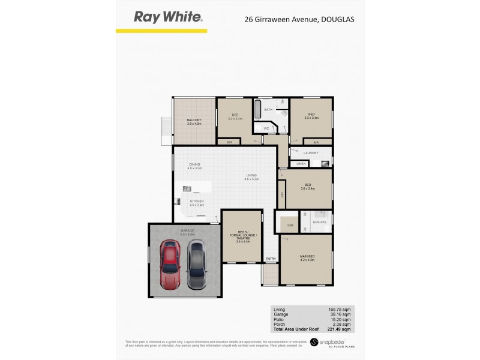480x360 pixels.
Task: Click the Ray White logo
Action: pyautogui.click(x=168, y=17)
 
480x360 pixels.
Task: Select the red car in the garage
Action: pyautogui.click(x=170, y=263)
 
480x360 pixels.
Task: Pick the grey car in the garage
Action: pyautogui.click(x=197, y=263)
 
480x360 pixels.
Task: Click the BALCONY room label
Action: pyautogui.click(x=194, y=121)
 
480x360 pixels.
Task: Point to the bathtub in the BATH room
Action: pyautogui.click(x=258, y=110)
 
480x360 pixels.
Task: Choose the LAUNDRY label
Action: pyautogui.click(x=310, y=153)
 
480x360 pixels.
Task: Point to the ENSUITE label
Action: pyautogui.click(x=319, y=223)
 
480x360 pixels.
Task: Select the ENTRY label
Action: pyautogui.click(x=271, y=259)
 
